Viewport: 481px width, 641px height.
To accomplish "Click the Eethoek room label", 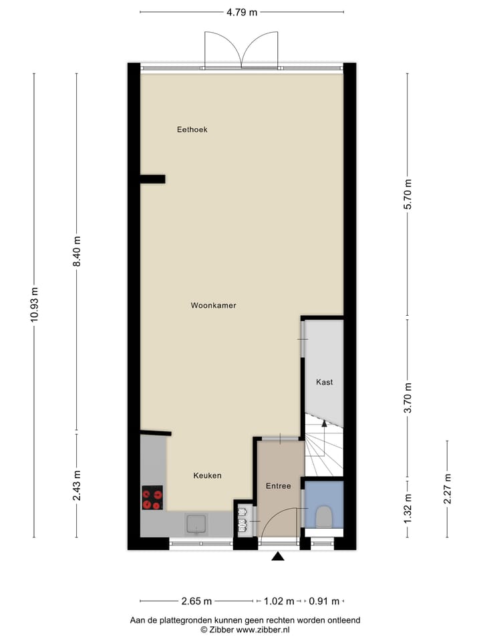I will tap(192, 130).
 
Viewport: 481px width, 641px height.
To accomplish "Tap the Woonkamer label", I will tap(213, 305).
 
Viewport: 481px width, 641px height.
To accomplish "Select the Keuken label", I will tap(207, 475).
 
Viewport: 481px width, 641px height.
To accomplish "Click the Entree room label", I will tap(278, 485).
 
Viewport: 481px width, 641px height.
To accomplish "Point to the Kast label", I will tap(324, 383).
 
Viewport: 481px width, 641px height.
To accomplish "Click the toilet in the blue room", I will tap(323, 515).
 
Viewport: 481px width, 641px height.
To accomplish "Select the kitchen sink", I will tap(197, 524).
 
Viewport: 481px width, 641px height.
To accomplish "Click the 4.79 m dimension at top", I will tap(242, 12).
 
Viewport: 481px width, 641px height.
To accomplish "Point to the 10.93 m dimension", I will tap(34, 305).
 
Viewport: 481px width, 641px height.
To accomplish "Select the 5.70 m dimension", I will tap(408, 195).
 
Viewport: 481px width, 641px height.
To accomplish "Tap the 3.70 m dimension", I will tap(408, 398).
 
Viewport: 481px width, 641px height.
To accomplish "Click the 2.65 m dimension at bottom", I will tap(197, 600).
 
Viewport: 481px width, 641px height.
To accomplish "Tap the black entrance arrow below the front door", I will tap(278, 556).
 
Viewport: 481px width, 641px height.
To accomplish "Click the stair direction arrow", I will tap(325, 424).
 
